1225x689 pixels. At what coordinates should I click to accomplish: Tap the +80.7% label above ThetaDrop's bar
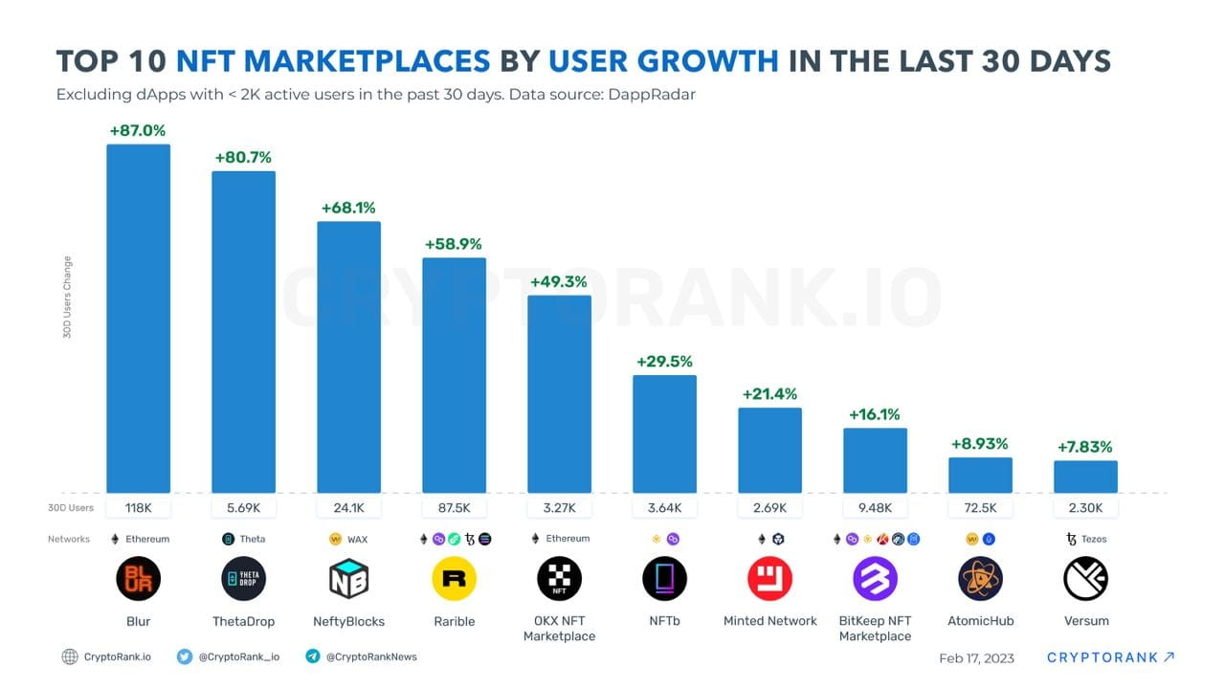point(243,157)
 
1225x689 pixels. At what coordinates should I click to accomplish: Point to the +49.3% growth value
point(559,281)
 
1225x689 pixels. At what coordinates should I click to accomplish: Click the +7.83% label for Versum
point(1085,447)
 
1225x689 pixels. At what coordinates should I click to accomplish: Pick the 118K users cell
point(138,508)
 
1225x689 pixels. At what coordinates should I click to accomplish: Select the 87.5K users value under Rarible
point(454,508)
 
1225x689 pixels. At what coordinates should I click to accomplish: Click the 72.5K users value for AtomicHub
point(980,508)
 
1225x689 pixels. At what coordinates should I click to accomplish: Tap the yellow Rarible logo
point(454,578)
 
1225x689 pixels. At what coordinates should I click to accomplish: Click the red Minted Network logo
point(769,578)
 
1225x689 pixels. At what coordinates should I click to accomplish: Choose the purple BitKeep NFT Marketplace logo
point(875,578)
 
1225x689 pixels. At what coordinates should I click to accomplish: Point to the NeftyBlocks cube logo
point(348,578)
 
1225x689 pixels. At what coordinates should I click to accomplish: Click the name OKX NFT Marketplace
point(559,629)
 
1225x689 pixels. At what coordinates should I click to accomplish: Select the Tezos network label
point(1094,539)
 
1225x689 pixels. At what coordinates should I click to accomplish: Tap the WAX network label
point(357,539)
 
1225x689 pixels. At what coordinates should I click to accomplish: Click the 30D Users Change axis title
point(68,297)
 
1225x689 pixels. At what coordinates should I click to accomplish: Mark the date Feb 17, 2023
point(976,657)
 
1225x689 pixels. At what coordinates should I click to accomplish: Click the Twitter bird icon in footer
point(185,656)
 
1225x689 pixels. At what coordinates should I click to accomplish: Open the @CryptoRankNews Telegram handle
point(371,656)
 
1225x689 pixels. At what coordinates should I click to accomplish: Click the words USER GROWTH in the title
point(663,60)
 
